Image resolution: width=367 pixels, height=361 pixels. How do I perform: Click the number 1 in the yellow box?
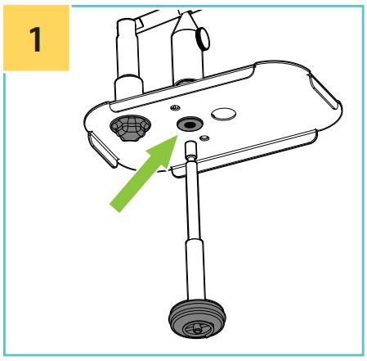pos(35,39)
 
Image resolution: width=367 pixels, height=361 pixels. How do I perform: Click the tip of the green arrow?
pos(177,136)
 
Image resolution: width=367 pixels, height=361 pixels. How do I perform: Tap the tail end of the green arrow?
pos(114,208)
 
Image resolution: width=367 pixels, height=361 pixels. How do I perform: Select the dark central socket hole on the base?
pos(190,124)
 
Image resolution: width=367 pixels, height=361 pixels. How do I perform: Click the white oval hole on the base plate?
pos(223,114)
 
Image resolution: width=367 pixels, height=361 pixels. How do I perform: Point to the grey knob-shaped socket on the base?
pos(130,128)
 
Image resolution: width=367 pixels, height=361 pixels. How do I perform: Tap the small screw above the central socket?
pos(175,108)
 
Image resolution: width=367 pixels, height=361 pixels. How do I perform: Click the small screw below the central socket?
pos(204,138)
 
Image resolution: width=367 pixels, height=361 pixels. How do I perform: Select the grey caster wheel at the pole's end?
pos(197,318)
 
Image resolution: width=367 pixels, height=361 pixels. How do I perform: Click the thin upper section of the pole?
pos(192,199)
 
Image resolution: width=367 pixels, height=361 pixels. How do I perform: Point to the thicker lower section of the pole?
pos(195,269)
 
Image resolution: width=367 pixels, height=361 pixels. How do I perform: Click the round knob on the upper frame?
pos(203,38)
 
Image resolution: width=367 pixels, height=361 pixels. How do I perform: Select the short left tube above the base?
pos(128,60)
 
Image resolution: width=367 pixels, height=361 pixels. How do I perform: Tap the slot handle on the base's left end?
pos(103,149)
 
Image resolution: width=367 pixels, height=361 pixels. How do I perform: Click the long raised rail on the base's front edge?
pos(244,153)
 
